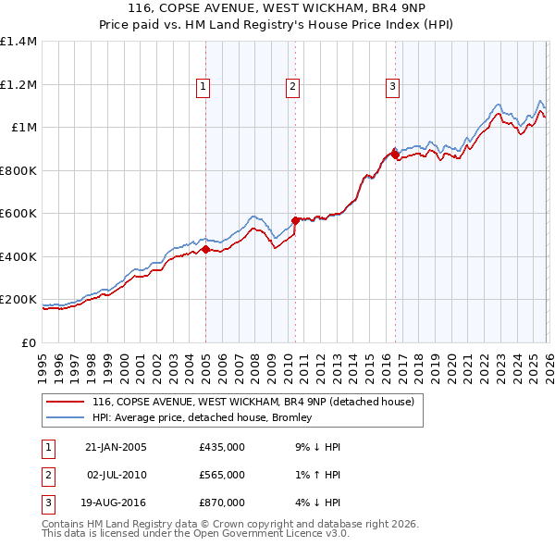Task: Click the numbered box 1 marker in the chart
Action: [203, 88]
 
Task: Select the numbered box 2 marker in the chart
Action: [292, 88]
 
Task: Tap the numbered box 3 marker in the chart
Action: [392, 88]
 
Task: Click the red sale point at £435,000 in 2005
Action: [205, 249]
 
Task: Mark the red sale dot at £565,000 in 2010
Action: [295, 220]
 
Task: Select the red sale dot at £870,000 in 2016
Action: [395, 155]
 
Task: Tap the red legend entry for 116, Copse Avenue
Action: [258, 402]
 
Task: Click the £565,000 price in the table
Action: [222, 475]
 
